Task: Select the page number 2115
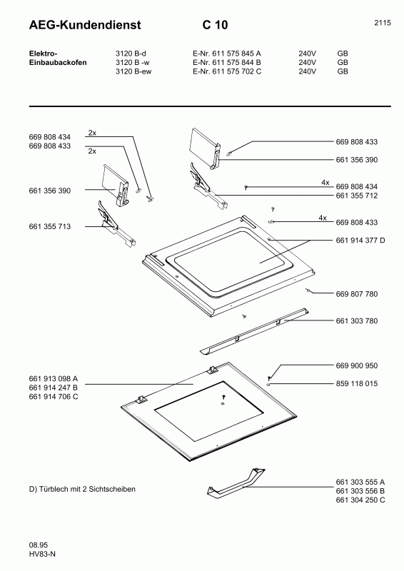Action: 382,23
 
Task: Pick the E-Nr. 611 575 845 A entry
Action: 227,54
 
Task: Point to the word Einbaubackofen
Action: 58,63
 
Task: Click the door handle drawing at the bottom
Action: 236,485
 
